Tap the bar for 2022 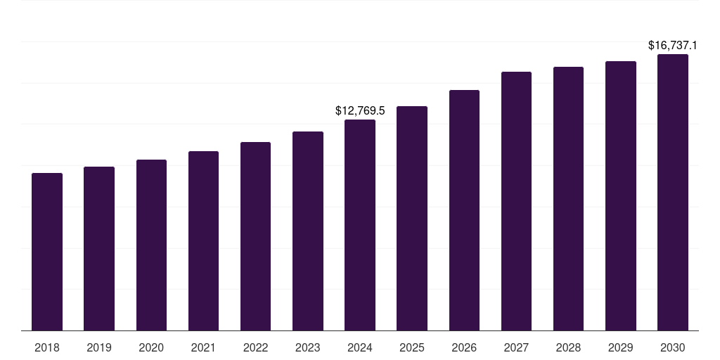pos(255,236)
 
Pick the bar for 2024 pos(360,225)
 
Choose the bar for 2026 pos(464,210)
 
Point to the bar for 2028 pos(568,198)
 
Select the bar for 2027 pos(516,201)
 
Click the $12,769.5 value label pos(360,111)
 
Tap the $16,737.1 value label pos(673,46)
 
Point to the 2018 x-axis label pos(47,348)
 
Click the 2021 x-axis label pos(203,348)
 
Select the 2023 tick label pos(308,348)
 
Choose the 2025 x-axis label pos(412,348)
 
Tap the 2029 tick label pos(621,348)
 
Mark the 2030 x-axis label pos(673,348)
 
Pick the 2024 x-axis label pos(360,348)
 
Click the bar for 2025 pos(412,218)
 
